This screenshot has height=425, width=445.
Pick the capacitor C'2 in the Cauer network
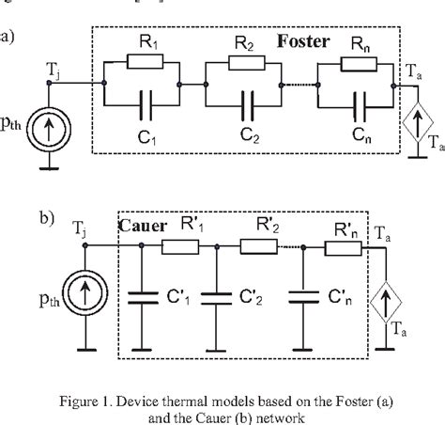pyautogui.click(x=217, y=299)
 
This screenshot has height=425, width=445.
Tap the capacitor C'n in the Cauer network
pyautogui.click(x=301, y=299)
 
